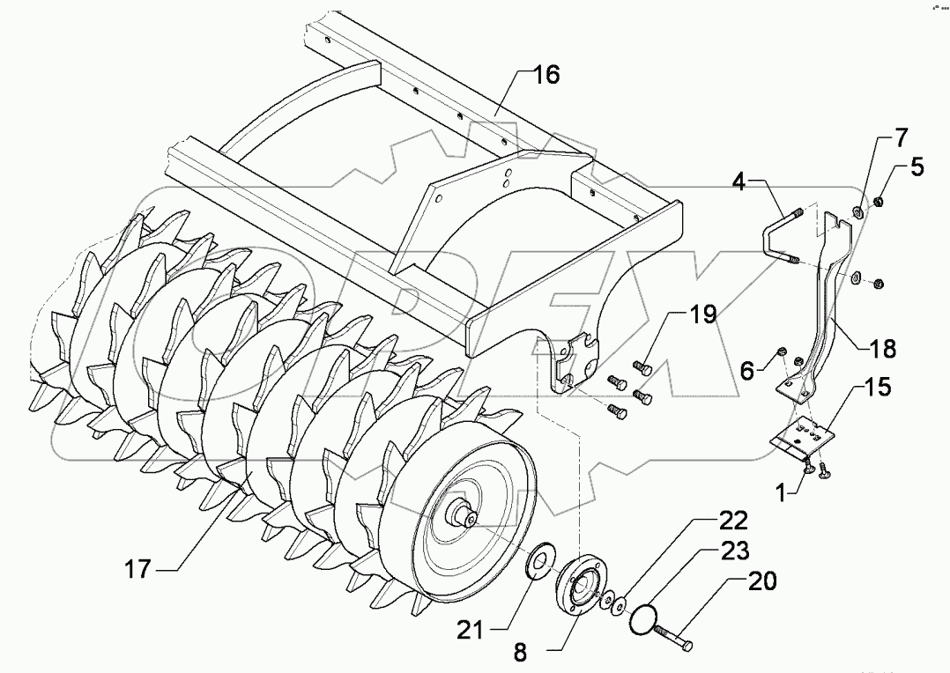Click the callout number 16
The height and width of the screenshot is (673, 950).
[x=546, y=75]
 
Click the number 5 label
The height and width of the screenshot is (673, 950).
[x=917, y=166]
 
